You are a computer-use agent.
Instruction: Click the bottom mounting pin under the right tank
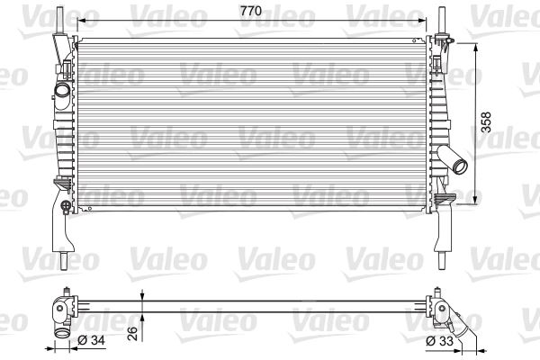tap(444, 256)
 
